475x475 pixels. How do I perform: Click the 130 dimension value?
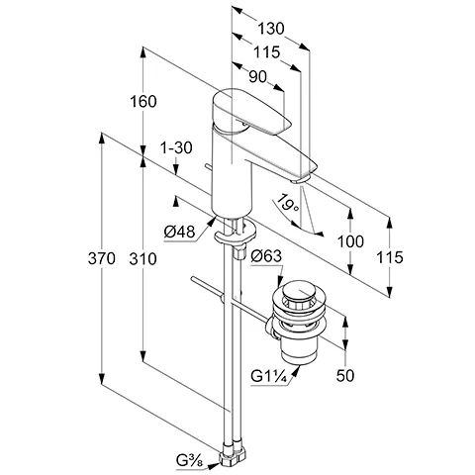click(x=270, y=29)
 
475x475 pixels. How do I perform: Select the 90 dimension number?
click(x=257, y=77)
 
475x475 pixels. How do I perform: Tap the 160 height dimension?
click(x=143, y=102)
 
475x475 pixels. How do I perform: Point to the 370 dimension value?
click(x=102, y=258)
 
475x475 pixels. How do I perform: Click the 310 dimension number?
click(x=142, y=259)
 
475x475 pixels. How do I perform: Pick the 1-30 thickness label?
click(x=176, y=148)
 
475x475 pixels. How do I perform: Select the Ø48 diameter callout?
click(x=179, y=233)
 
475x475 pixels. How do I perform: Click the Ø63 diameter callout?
click(x=266, y=256)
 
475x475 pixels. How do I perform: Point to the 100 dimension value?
click(x=350, y=241)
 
